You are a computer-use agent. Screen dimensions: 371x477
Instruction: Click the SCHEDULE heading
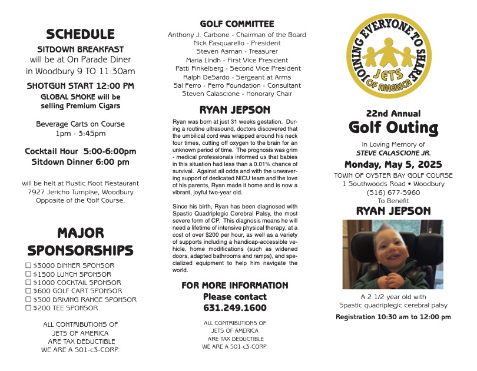coord(81,34)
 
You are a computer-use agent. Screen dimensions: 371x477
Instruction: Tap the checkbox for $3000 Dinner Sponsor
coord(28,266)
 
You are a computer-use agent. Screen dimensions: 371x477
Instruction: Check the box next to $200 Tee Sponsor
coord(28,308)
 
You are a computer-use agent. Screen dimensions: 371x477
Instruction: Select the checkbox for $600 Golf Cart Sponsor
coord(28,291)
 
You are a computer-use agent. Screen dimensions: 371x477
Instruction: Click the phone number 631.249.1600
coord(234,308)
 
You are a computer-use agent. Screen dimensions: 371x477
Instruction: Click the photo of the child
coord(393,254)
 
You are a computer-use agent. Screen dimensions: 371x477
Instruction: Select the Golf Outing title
coord(393,128)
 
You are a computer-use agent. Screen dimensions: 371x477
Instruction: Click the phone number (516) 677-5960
coord(393,192)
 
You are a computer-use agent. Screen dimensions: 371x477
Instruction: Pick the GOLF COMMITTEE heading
coord(237,24)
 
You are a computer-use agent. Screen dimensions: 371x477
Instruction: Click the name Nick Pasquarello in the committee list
coord(237,43)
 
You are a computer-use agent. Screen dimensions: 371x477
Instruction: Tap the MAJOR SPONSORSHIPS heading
coord(81,241)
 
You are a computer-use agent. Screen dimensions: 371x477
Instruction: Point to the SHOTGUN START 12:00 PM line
coord(81,86)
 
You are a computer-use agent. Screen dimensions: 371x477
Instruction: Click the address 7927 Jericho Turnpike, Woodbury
coord(81,191)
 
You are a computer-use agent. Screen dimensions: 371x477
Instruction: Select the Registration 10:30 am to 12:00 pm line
coord(393,317)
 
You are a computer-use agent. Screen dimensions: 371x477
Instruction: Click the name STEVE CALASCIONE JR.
coord(393,153)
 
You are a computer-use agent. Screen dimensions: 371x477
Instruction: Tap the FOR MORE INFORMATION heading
coord(234,286)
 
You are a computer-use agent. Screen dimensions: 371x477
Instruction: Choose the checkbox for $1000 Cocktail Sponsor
coord(28,283)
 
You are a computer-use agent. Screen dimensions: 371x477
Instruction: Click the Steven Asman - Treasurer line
coord(237,51)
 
